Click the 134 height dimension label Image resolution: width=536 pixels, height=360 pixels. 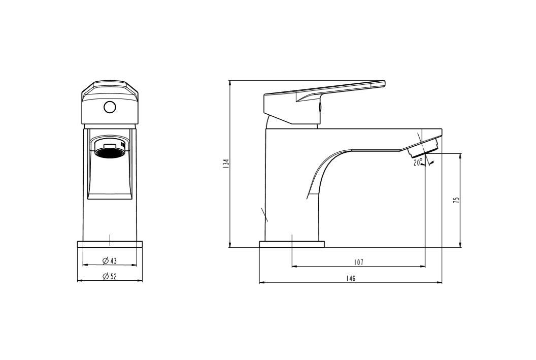click(x=225, y=164)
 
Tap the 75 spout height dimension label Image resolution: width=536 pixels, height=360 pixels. click(x=456, y=201)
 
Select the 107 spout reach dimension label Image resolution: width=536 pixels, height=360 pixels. click(x=358, y=262)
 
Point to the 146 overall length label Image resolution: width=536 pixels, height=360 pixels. click(x=351, y=278)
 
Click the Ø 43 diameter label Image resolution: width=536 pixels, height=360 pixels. click(x=110, y=261)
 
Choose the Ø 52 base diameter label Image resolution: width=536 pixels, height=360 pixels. click(x=110, y=277)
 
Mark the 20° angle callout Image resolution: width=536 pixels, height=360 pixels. click(x=418, y=162)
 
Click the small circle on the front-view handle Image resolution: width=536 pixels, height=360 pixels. click(x=110, y=107)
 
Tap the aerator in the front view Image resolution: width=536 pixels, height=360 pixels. click(x=110, y=150)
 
